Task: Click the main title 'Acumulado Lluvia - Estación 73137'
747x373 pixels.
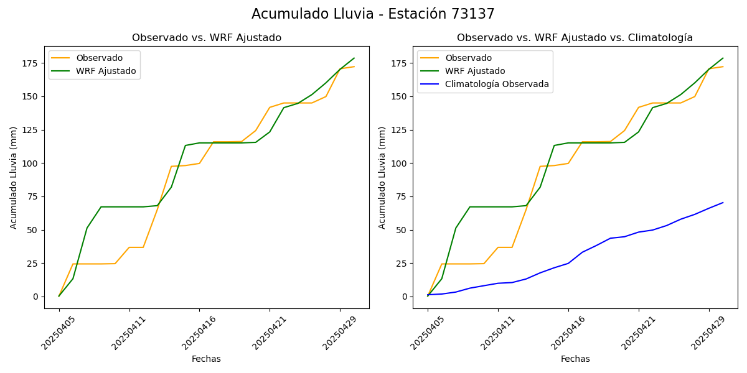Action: pyautogui.click(x=373, y=14)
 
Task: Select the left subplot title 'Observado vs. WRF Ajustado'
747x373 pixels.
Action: pyautogui.click(x=207, y=38)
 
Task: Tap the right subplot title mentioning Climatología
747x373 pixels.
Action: pyautogui.click(x=575, y=38)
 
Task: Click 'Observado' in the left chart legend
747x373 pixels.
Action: pyautogui.click(x=100, y=58)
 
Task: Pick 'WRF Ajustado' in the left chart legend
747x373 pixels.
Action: pyautogui.click(x=106, y=71)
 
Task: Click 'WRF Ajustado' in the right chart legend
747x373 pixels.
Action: pyautogui.click(x=475, y=71)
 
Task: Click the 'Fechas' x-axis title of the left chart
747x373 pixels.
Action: pyautogui.click(x=206, y=359)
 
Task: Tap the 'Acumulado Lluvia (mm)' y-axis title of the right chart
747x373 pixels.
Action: pyautogui.click(x=382, y=177)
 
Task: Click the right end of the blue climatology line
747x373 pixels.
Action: pyautogui.click(x=723, y=203)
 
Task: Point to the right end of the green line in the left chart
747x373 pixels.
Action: pyautogui.click(x=354, y=58)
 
